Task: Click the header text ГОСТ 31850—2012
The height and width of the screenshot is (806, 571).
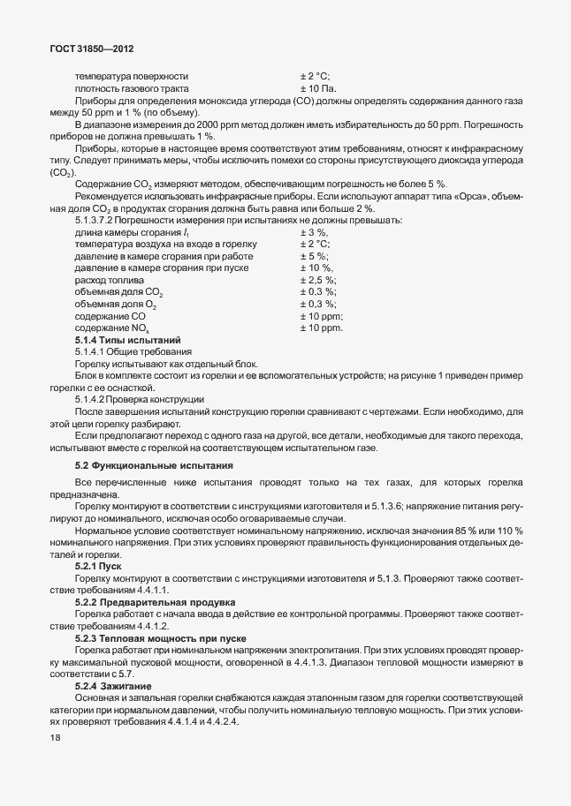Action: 92,49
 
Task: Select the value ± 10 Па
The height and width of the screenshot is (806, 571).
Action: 318,89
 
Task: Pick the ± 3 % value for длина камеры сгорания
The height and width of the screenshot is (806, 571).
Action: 314,231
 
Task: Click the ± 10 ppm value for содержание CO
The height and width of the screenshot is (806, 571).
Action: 321,316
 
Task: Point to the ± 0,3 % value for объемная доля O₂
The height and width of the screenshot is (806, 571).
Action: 318,304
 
